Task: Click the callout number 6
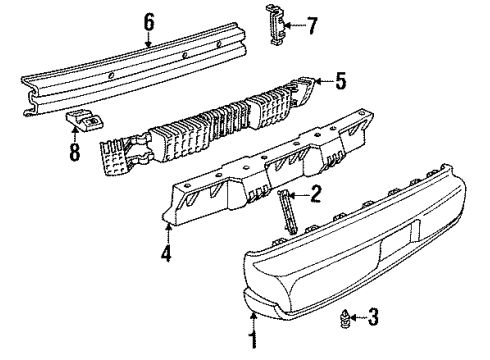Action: coord(149,19)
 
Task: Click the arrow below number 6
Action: coord(149,40)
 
